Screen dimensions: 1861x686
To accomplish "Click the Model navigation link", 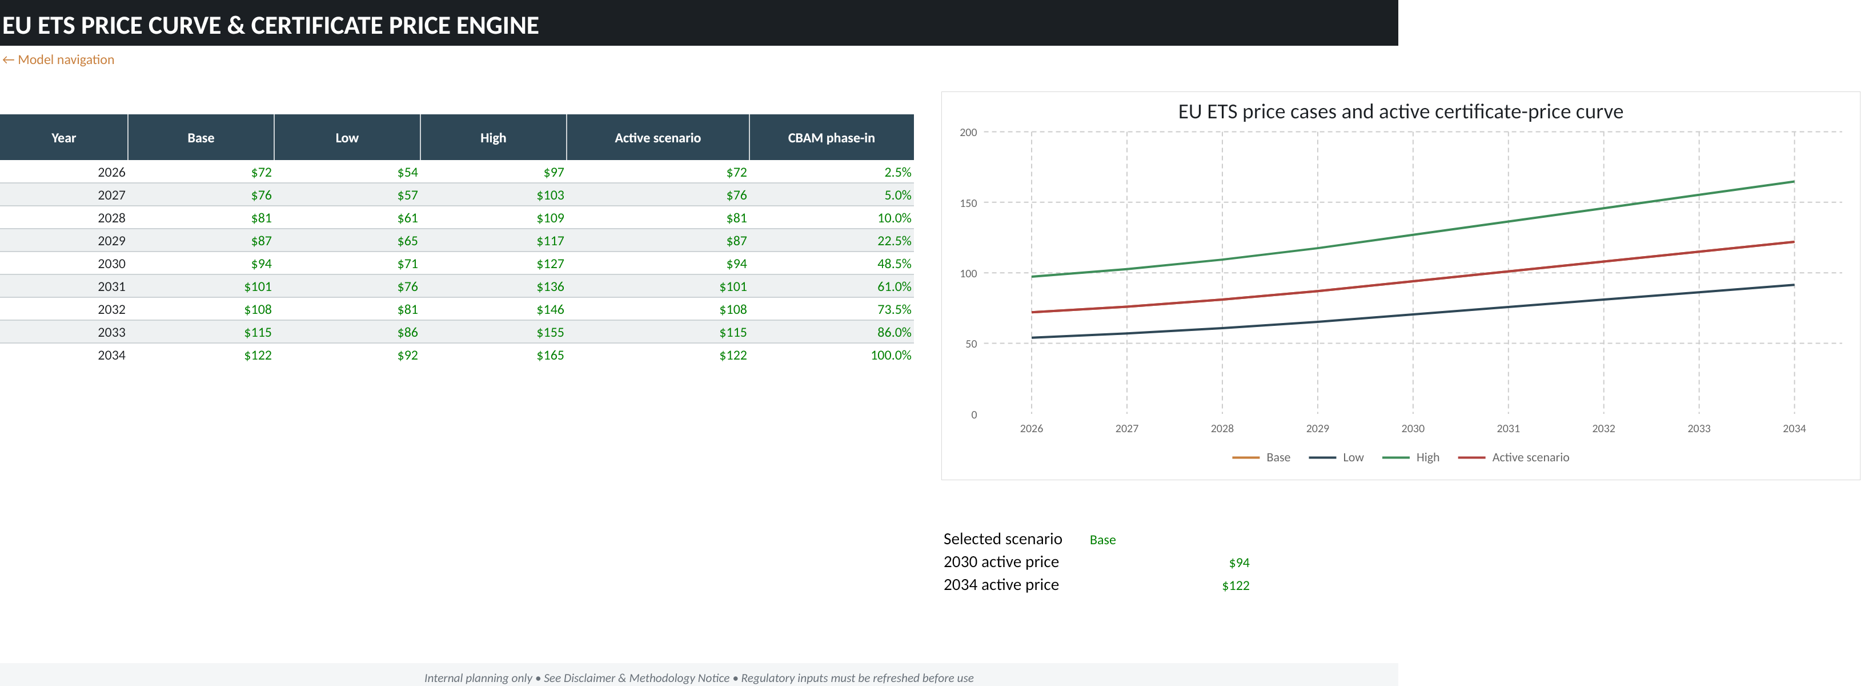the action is coord(58,60).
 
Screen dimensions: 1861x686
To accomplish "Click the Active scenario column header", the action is coord(657,137).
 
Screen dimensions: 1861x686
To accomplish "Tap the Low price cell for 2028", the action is coord(407,218).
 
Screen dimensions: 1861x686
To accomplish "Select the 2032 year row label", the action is coord(111,309).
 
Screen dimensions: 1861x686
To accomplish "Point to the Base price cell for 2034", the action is coord(258,356).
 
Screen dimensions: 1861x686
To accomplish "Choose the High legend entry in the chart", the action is coord(1411,457).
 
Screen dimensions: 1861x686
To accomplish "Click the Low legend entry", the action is coord(1337,457).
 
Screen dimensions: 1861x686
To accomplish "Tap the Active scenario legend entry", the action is coord(1514,457).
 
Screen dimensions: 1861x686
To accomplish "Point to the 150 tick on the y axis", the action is coord(968,203).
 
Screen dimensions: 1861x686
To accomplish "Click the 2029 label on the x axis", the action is coord(1318,429).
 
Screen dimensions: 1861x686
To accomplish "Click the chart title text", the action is coord(1400,112).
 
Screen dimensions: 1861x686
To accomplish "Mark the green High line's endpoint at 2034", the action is coord(1794,181).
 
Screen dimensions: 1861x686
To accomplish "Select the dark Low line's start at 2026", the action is coord(1032,338).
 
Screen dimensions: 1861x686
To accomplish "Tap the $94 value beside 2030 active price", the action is coord(1239,563).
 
